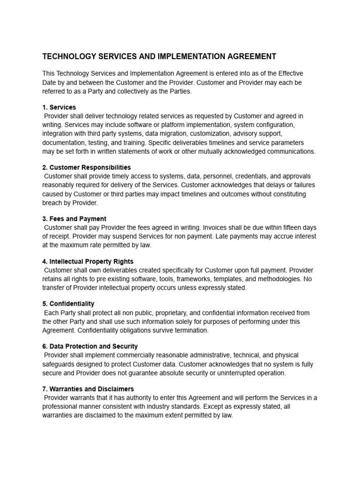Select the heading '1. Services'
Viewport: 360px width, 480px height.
click(x=59, y=107)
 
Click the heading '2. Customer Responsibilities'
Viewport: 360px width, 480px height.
click(x=87, y=167)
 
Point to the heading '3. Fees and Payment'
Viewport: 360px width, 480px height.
click(x=75, y=219)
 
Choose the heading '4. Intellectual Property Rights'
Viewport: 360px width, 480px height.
click(x=88, y=262)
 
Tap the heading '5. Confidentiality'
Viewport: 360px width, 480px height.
click(x=68, y=304)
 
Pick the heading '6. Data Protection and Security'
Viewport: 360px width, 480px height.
click(x=90, y=346)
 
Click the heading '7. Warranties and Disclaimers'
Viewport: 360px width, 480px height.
click(x=88, y=389)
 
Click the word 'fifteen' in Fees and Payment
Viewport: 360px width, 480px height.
click(x=291, y=227)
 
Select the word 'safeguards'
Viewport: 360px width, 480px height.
click(x=59, y=364)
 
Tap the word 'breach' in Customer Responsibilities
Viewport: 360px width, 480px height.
click(x=52, y=203)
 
